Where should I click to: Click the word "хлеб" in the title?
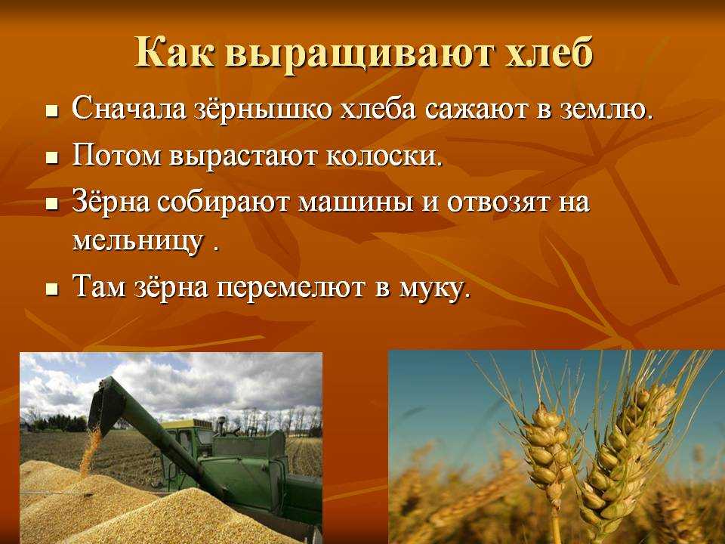point(549,54)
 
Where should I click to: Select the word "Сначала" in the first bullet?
point(129,109)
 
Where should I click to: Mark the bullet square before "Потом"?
point(53,158)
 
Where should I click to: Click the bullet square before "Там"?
point(53,289)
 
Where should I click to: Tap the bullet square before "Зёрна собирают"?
point(53,205)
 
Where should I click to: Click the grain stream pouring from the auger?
point(91,449)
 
